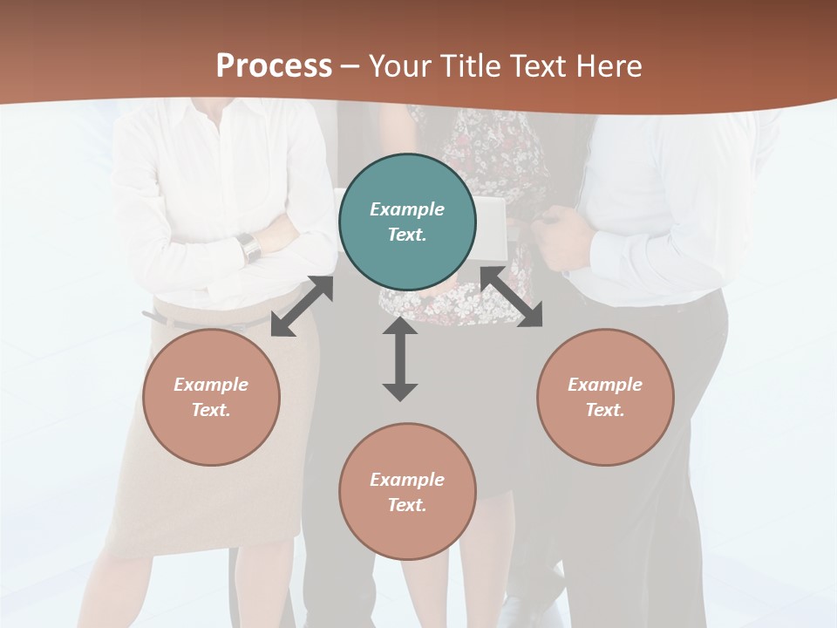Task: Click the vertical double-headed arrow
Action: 400,359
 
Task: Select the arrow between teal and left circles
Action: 302,306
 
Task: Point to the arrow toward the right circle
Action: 511,297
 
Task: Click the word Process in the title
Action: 274,65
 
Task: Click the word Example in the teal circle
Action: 407,209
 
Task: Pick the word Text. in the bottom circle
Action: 407,505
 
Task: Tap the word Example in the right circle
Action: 605,385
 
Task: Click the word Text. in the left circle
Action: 211,410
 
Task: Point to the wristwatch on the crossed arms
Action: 249,247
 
